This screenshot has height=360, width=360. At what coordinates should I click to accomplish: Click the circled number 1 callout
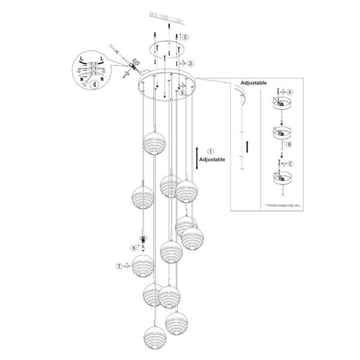[x=211, y=152]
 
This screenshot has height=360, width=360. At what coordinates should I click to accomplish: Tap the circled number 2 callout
[x=185, y=37]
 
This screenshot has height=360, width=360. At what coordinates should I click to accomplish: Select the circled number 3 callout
[x=190, y=63]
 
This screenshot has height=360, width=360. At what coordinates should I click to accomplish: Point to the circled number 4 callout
[x=94, y=84]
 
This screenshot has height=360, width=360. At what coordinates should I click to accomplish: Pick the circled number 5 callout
[x=182, y=93]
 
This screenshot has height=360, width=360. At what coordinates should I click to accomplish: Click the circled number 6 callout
[x=134, y=248]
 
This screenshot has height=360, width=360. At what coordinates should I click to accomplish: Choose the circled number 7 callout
[x=119, y=266]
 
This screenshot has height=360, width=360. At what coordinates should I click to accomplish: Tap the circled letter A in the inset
[x=290, y=92]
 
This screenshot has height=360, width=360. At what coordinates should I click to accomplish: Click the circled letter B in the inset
[x=289, y=145]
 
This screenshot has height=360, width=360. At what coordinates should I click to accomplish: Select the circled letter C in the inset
[x=290, y=164]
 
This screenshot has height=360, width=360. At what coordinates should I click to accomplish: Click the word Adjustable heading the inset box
[x=254, y=83]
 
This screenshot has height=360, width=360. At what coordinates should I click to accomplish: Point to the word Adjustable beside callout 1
[x=212, y=160]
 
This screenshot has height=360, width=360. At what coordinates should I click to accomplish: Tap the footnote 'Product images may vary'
[x=283, y=205]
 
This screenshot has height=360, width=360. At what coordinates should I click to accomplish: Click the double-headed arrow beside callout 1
[x=197, y=158]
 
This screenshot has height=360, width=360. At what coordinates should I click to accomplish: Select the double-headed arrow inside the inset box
[x=247, y=147]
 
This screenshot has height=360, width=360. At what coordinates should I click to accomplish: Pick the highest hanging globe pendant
[x=154, y=143]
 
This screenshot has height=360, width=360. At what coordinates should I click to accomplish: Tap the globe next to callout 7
[x=143, y=266]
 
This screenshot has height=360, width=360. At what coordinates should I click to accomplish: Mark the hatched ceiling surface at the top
[x=167, y=17]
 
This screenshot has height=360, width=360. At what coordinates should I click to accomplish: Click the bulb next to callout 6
[x=143, y=248]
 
